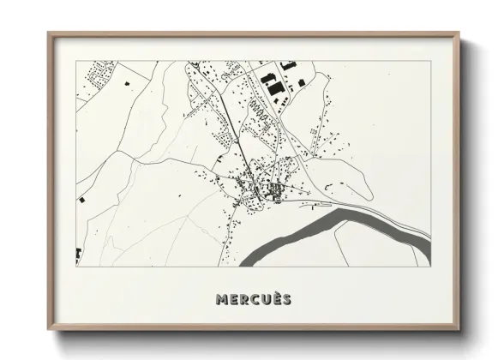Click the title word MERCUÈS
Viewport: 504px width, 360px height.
[253, 300]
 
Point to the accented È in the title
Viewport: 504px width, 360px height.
[275, 299]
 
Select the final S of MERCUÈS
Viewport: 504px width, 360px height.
[286, 300]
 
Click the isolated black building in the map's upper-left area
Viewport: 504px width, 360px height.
[128, 83]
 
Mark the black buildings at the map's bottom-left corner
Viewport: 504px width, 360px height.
[78, 255]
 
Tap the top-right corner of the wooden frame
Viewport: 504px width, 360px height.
[461, 33]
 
